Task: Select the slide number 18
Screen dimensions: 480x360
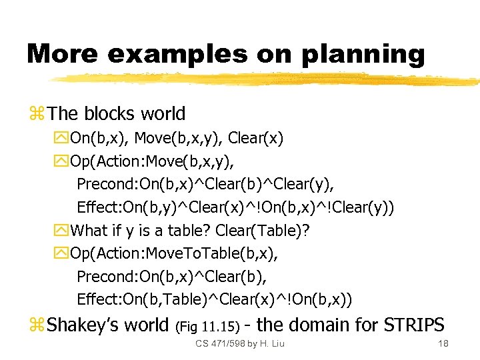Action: coord(443,343)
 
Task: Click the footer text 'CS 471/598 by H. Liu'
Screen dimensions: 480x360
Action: coord(240,343)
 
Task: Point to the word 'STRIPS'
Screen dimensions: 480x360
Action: coord(414,325)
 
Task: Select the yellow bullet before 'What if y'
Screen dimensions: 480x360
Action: coord(63,231)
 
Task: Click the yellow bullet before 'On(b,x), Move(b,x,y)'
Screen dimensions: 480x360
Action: coord(63,139)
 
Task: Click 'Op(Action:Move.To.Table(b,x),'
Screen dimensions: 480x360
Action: coord(173,253)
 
